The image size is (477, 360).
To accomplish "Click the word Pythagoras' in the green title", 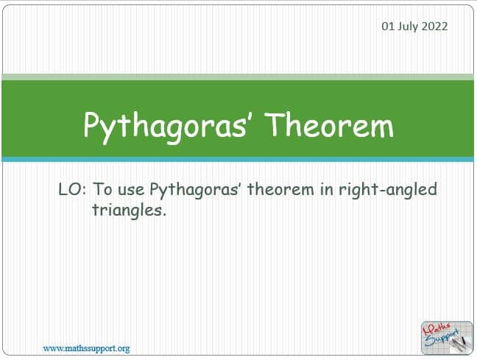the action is click(166, 127).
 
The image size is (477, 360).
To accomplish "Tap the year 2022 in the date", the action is click(434, 27).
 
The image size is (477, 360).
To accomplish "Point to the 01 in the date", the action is click(388, 27).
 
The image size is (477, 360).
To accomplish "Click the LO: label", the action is click(72, 189).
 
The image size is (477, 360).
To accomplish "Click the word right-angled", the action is click(388, 190).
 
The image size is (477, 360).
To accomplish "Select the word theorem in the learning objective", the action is click(280, 189).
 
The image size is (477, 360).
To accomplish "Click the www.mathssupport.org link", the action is click(86, 348).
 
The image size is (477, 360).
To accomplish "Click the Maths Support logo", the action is click(447, 338).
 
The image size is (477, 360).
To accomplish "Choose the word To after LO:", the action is click(102, 189).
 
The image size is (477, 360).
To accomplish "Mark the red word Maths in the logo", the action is click(437, 329).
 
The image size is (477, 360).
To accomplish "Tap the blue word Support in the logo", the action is click(442, 338).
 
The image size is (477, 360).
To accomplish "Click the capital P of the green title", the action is click(91, 124).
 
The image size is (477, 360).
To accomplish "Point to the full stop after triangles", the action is click(164, 214).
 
